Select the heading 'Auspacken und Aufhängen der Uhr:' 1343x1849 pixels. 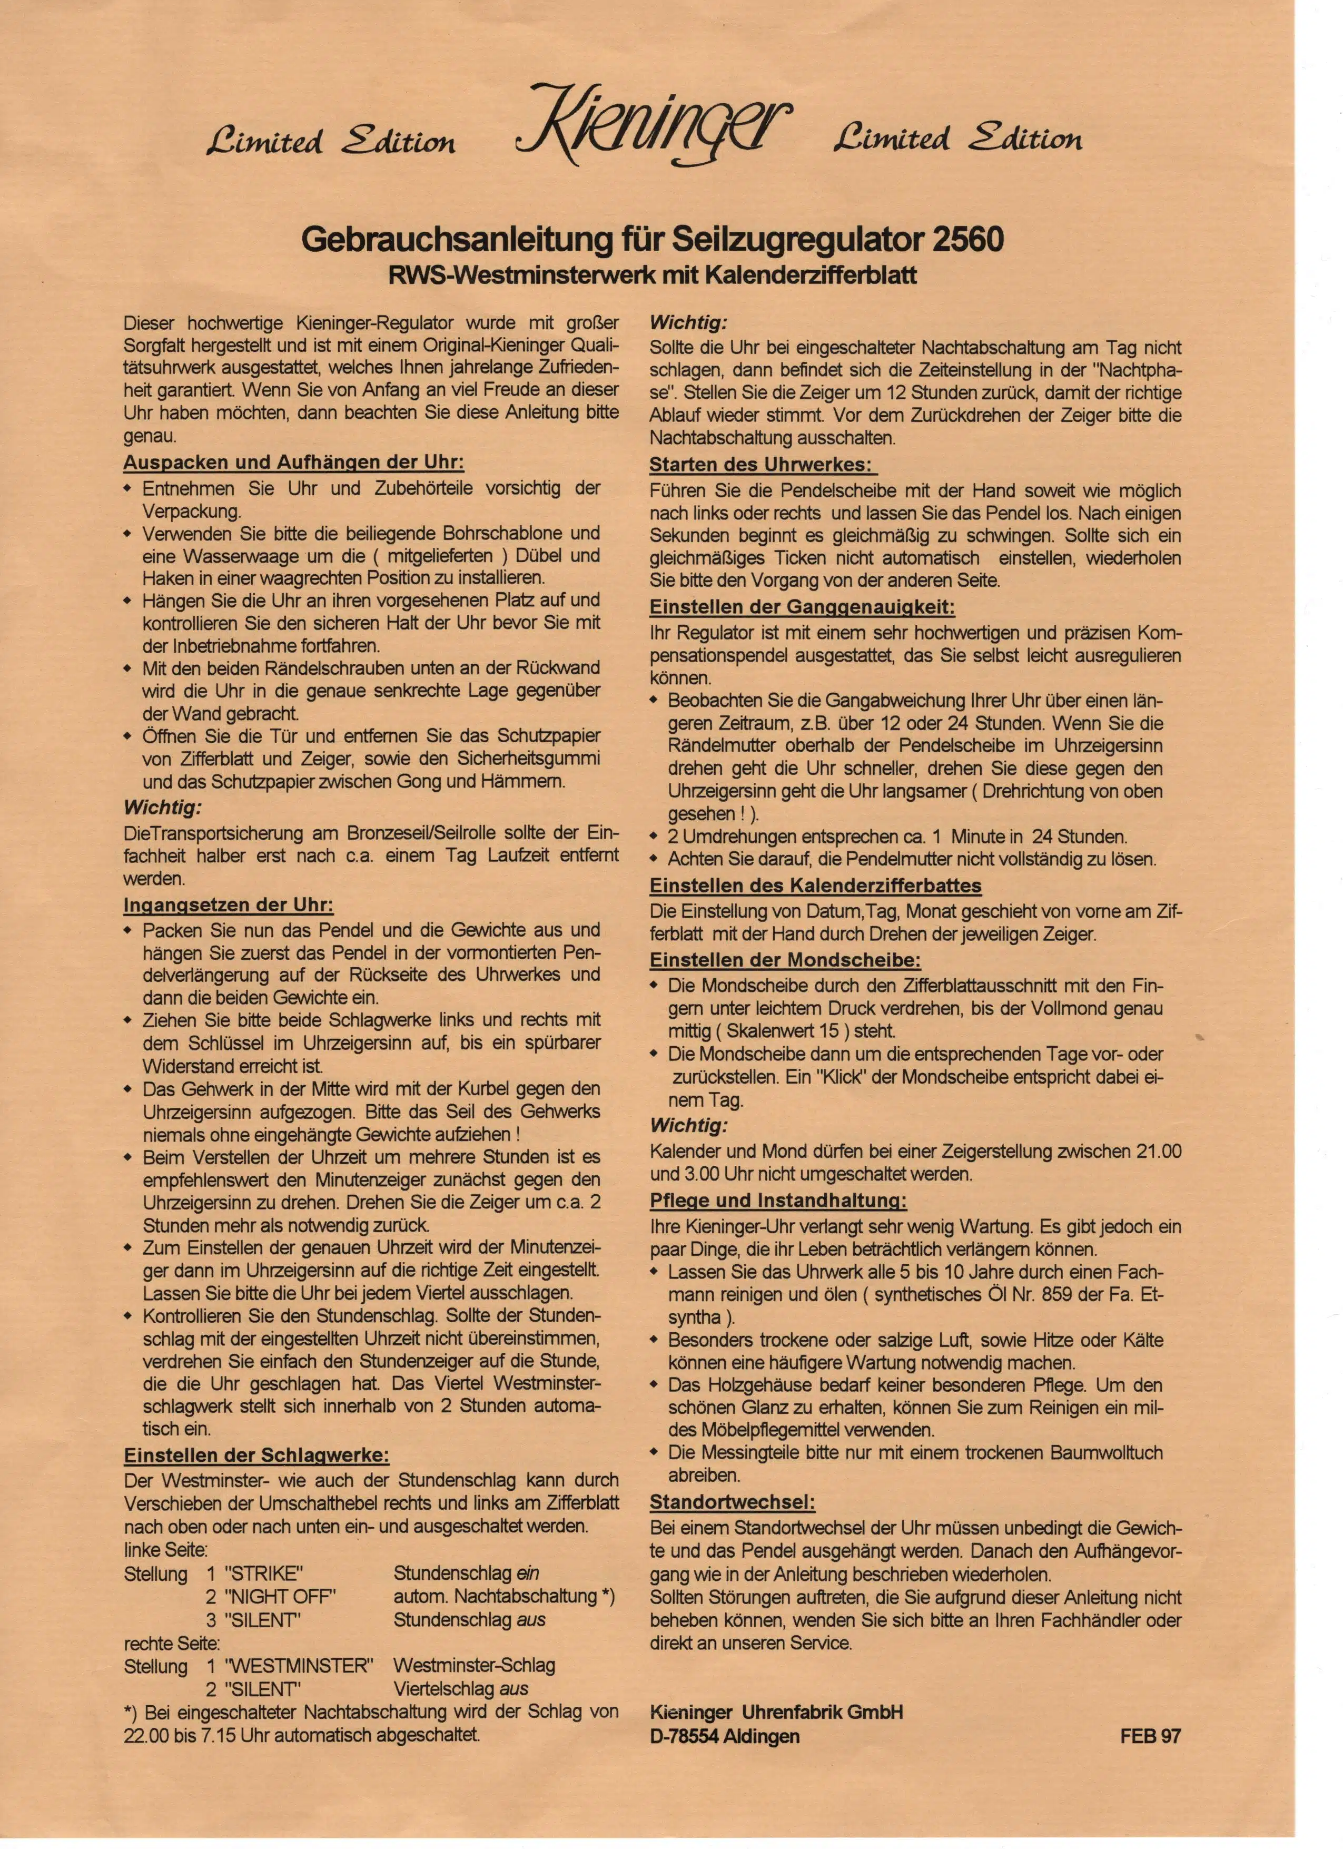coord(293,463)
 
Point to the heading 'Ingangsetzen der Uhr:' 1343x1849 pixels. coord(228,906)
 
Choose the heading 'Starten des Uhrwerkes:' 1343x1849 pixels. coord(763,466)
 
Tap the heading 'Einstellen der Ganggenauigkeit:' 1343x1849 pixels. coord(802,607)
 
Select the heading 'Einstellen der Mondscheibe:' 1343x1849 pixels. coord(785,960)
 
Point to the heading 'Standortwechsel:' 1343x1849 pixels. coord(732,1502)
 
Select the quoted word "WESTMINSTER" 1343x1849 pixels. coord(298,1666)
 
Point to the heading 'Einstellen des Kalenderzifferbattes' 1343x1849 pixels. coord(815,886)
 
